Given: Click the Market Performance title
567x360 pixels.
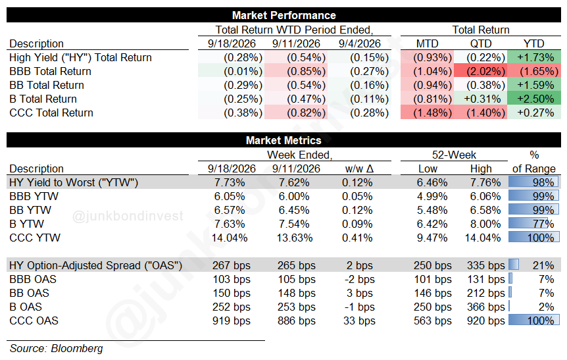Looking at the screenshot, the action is tap(284, 15).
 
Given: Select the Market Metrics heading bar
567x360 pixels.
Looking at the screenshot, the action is tap(284, 140).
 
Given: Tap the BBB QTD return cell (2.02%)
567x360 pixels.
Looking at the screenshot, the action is tap(481, 71).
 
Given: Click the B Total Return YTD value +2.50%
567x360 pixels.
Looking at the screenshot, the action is tap(534, 99).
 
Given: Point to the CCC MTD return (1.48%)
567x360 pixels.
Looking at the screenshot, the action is tap(427, 113).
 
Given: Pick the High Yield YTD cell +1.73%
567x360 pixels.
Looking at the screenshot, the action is tap(534, 57).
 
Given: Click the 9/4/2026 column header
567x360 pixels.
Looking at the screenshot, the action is tap(359, 44).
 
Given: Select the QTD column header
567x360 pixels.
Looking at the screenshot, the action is tap(481, 44).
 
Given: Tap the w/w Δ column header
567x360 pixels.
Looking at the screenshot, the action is tap(359, 168).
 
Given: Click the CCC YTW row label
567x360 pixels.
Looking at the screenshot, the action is tap(35, 238).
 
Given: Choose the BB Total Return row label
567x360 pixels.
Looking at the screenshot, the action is tap(47, 85).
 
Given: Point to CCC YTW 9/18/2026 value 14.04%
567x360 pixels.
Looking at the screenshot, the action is tap(230, 238).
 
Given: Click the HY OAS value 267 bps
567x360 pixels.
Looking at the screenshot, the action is tap(232, 265).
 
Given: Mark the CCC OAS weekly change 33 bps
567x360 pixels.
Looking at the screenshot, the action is tap(359, 321).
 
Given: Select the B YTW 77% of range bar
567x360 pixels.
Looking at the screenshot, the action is tap(533, 224).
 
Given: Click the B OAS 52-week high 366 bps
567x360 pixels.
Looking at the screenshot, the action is tap(485, 307).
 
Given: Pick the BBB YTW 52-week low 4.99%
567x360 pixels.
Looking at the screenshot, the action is tap(432, 196).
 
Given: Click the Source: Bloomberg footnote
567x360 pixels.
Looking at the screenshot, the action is tap(56, 348).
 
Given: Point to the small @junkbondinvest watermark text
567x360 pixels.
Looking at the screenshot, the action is tap(128, 216).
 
